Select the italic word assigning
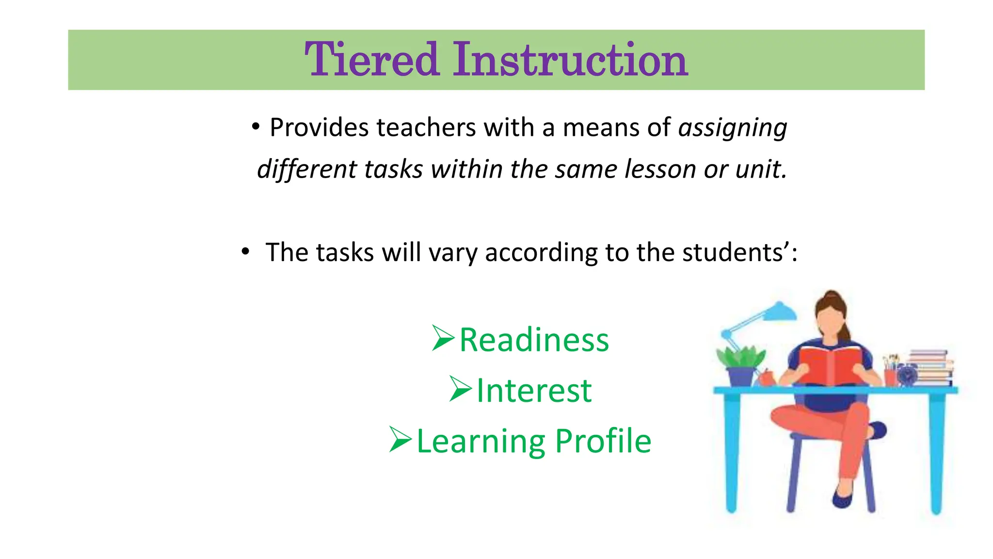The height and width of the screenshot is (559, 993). pos(732,129)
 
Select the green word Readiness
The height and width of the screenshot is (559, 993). pos(534,340)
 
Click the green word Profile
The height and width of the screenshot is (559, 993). pos(603,441)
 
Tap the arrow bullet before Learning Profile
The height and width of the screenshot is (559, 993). pos(400,440)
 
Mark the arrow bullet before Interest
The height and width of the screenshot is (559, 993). pos(460,389)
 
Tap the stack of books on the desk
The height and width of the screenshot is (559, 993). pos(930,367)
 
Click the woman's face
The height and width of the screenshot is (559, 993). pos(831,320)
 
